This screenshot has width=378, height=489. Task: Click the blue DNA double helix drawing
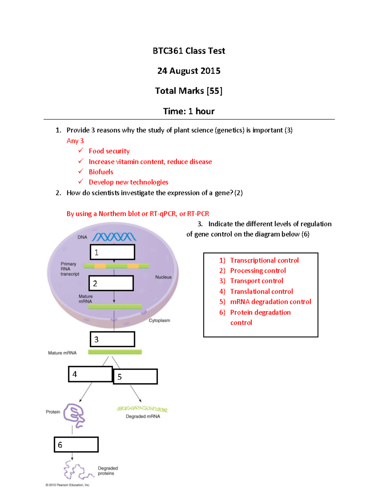point(114,237)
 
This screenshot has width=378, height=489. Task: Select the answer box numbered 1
point(112,252)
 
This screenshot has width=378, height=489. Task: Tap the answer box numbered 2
point(111,283)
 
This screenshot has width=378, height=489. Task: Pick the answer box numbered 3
point(112,339)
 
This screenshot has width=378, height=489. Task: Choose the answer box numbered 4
point(90,374)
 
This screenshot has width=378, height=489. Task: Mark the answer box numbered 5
point(135,377)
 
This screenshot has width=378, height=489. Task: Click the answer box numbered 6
point(76,445)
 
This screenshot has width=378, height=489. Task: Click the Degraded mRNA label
point(143,416)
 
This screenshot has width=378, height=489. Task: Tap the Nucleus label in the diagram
point(163,277)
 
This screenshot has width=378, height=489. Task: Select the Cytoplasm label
point(159,320)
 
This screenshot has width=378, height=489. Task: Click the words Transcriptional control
point(264,260)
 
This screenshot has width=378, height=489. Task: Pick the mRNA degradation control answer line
point(270,302)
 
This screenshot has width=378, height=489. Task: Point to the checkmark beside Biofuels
point(81,171)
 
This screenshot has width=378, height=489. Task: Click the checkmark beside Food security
point(81,151)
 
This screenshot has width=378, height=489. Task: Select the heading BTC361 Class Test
point(189,51)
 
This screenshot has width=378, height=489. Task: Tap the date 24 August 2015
point(189,71)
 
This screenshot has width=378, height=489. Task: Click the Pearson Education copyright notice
point(68,485)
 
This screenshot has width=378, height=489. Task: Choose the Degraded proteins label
point(107,471)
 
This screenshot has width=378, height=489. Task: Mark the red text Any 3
point(75,141)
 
